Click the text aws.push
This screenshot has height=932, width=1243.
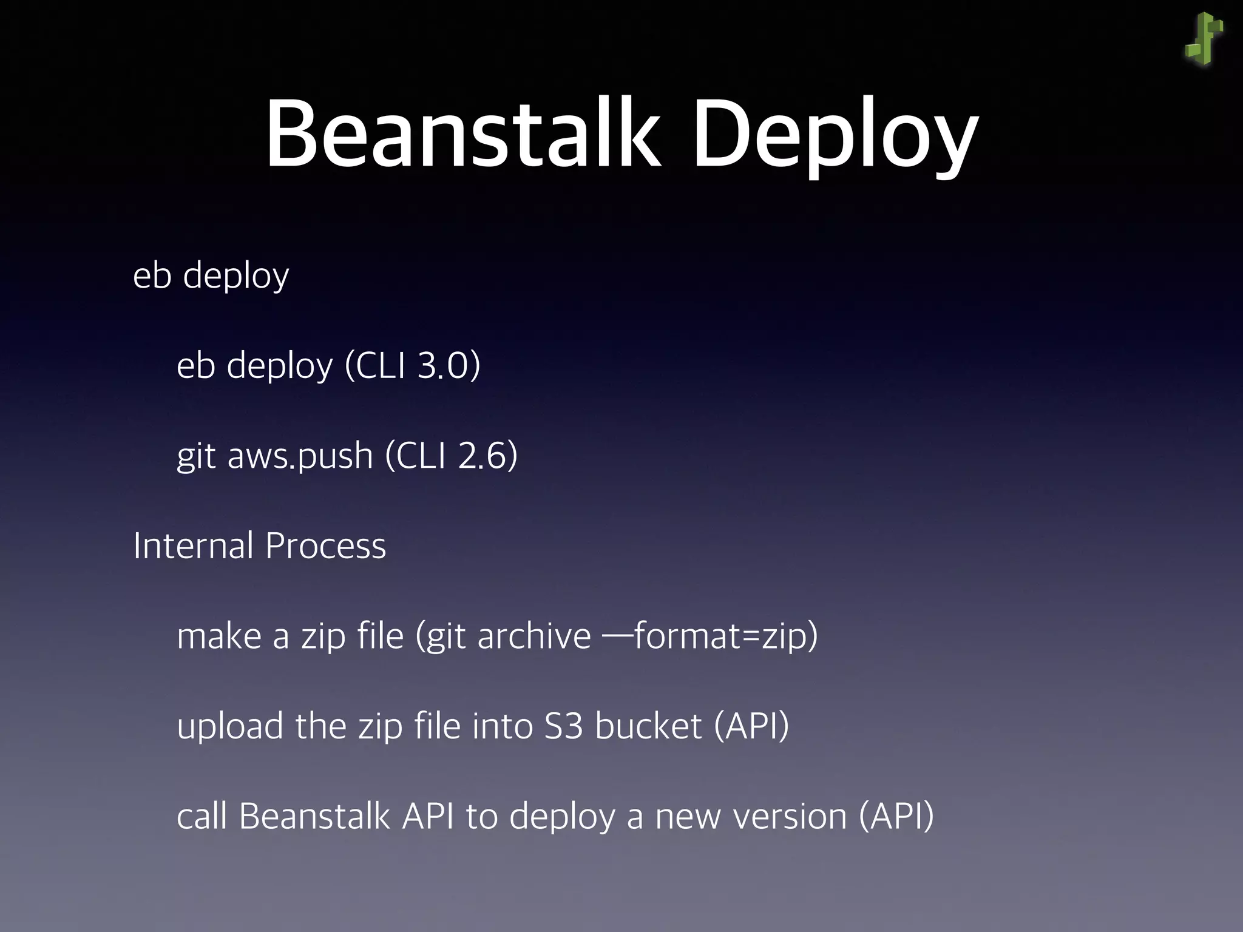click(x=300, y=456)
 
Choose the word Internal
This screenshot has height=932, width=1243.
click(x=193, y=545)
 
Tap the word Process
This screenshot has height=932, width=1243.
click(x=325, y=545)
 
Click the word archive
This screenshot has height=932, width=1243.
click(x=534, y=636)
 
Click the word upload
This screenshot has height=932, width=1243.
click(x=230, y=726)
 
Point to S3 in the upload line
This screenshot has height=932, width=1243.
click(x=563, y=726)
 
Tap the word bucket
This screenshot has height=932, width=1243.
click(x=648, y=726)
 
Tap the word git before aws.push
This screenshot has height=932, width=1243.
click(x=196, y=456)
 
